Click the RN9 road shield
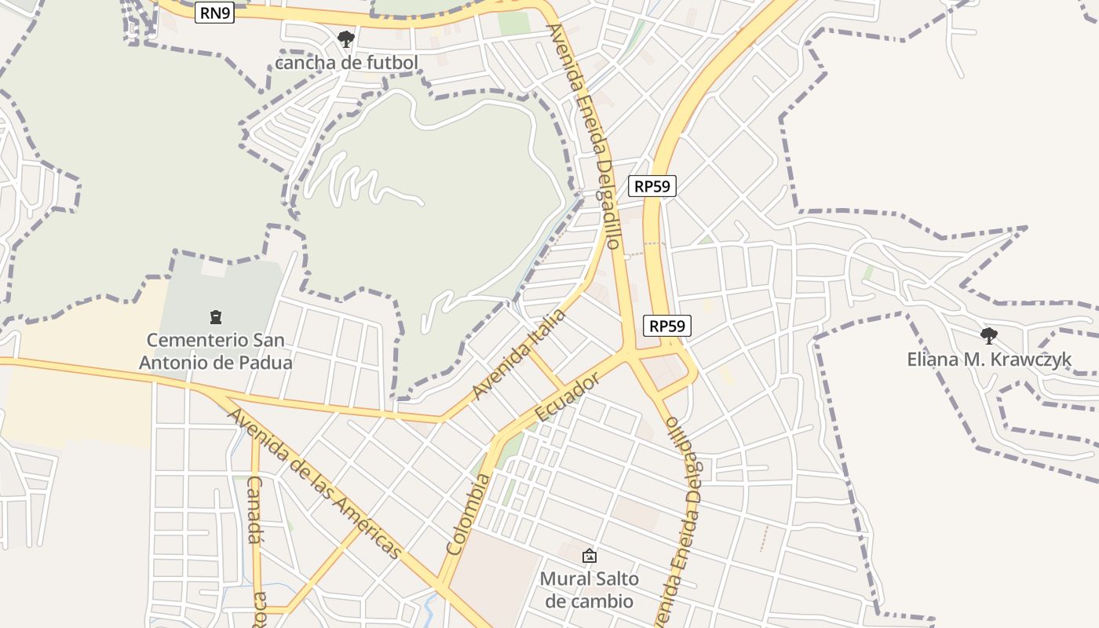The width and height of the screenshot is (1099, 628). (x=215, y=13)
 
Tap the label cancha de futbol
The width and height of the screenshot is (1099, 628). (x=346, y=63)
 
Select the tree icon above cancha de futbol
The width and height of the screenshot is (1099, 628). (x=345, y=38)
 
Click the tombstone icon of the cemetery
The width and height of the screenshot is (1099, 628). (x=215, y=317)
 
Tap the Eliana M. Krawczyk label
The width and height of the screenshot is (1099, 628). (x=989, y=360)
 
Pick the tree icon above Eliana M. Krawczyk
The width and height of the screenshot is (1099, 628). (x=989, y=336)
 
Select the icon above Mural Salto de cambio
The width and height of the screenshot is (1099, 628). (x=589, y=556)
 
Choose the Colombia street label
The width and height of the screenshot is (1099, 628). (x=468, y=514)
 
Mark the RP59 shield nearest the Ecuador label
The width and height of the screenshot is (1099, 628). (x=666, y=326)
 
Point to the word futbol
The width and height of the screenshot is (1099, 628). (x=392, y=63)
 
